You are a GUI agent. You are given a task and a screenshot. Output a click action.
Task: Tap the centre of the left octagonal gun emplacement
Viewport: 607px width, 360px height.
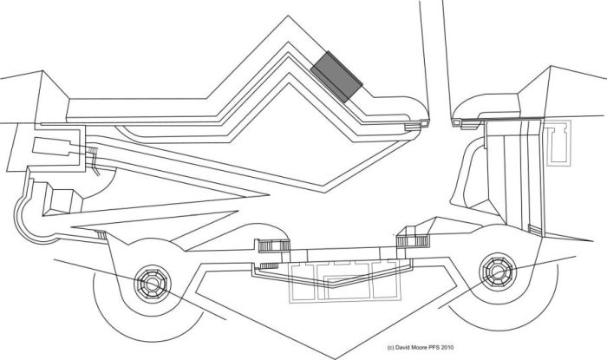pyautogui.click(x=151, y=283)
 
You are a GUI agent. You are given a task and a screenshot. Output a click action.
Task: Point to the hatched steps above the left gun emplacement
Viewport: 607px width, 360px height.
pyautogui.click(x=104, y=234)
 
